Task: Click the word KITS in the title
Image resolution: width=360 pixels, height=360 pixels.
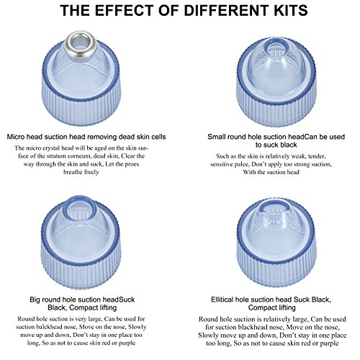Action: pos(290,10)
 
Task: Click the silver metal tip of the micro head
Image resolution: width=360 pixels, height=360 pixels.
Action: pos(81,44)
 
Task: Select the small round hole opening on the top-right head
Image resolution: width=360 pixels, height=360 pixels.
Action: pos(277,48)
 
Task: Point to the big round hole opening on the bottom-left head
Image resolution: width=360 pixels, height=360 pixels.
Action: pos(79,209)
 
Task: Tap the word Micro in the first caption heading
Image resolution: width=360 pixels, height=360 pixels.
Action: pos(16,137)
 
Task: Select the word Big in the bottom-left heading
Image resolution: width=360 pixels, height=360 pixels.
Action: pos(35,300)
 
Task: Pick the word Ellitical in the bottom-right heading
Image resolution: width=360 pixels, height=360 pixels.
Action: pos(222,300)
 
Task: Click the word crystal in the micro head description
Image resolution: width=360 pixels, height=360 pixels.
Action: pos(44,148)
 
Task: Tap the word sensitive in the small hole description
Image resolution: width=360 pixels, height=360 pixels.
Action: pos(222,164)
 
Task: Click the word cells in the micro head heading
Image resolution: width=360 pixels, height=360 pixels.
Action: pos(158,137)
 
